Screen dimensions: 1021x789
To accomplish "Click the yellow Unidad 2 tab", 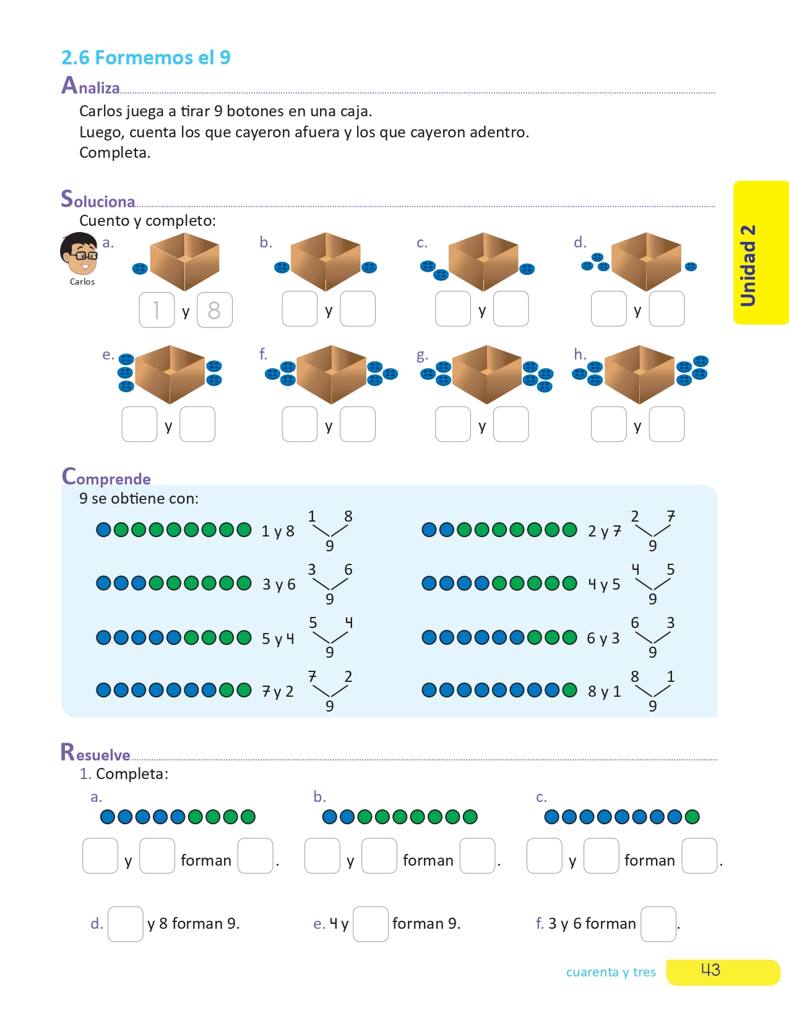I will coord(761,252).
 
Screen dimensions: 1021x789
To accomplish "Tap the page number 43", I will coord(710,970).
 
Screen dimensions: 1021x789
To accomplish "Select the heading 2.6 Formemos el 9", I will coord(146,58).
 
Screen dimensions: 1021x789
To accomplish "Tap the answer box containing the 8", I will coord(214,310).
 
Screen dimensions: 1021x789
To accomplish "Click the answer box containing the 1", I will coord(157,310).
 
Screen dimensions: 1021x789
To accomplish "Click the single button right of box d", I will coord(691,267).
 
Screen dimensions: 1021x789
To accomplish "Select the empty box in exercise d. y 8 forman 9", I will coord(126,924).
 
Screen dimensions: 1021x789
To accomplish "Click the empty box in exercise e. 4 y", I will coord(370,924).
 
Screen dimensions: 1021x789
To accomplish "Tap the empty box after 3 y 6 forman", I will coord(658,924).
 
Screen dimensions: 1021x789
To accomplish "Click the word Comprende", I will coord(106,477).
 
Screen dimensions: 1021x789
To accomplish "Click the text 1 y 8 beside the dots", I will coord(278,532).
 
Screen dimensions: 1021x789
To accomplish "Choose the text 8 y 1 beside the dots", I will coord(604,691).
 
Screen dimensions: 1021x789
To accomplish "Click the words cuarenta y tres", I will coord(611,972).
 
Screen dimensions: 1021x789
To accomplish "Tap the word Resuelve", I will coord(95,753).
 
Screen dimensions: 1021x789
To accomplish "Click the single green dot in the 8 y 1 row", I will coord(569,690).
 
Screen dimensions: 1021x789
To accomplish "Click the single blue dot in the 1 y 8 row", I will coord(103,530).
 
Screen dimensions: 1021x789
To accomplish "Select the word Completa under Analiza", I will coord(114,153).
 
